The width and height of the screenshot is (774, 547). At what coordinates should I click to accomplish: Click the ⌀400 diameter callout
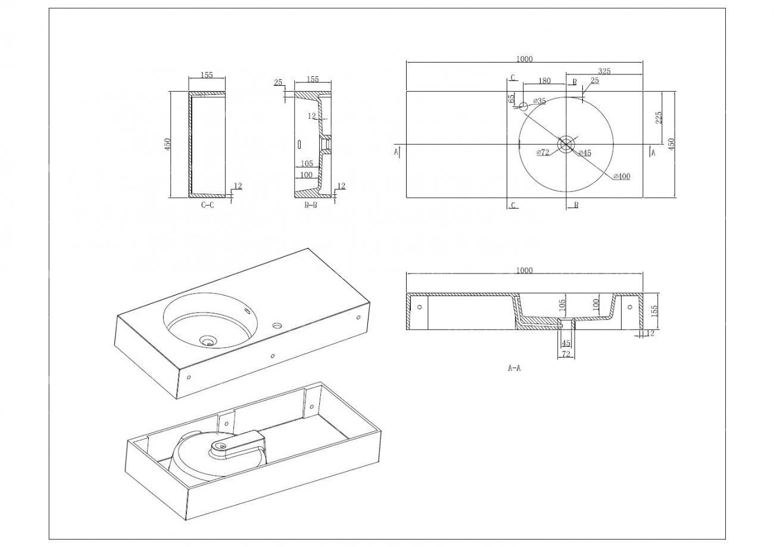(x=621, y=176)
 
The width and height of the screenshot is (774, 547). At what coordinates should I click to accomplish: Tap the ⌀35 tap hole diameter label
(x=539, y=101)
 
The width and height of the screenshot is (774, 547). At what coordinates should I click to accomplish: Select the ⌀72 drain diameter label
(x=543, y=152)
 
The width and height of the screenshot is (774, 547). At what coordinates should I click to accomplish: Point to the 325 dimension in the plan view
(x=604, y=71)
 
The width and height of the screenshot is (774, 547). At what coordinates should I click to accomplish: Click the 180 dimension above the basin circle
(x=545, y=80)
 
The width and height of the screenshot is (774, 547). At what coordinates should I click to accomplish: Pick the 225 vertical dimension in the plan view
(x=658, y=117)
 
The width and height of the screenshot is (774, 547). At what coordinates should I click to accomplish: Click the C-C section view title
(x=207, y=205)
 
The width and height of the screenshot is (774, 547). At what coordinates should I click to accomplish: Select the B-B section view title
(x=311, y=205)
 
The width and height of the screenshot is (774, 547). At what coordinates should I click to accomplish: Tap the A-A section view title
(x=514, y=368)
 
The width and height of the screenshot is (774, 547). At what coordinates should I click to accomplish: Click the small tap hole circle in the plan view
(x=523, y=107)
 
